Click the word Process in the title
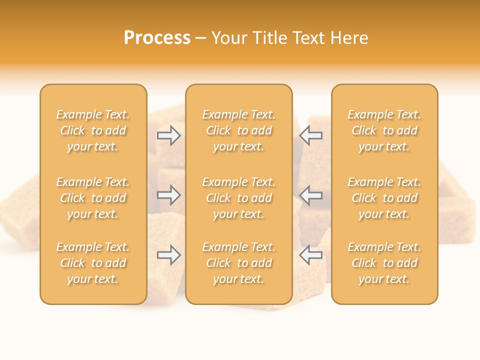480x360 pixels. [157, 38]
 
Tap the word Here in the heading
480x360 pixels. [348, 38]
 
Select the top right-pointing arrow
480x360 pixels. [168, 135]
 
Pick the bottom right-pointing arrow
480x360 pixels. [168, 255]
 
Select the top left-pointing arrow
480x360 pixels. [311, 135]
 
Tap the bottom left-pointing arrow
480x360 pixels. [311, 255]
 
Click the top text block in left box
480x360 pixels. [93, 130]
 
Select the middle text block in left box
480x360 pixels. [93, 198]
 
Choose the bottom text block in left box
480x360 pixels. [93, 263]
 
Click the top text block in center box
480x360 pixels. [238, 130]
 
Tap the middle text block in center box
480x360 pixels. [238, 198]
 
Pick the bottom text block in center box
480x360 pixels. [238, 263]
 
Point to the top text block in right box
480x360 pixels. [384, 130]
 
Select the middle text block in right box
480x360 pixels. [384, 198]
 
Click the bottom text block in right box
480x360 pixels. [384, 263]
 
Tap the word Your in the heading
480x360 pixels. [229, 38]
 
